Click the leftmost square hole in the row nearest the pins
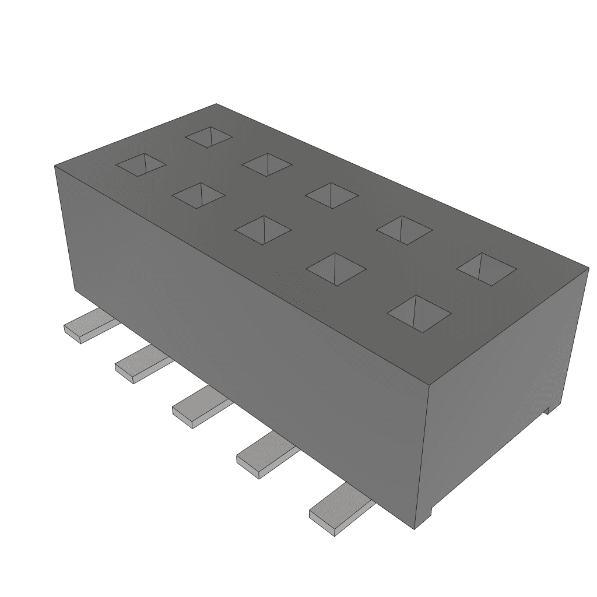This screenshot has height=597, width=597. pos(141,164)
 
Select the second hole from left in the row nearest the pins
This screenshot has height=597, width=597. pos(198,195)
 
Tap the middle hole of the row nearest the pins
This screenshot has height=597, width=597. pos(262,229)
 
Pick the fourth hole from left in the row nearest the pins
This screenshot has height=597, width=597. pos(336,269)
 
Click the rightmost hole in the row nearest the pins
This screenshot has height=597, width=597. pos(419,313)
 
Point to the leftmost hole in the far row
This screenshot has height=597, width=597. pos(209,137)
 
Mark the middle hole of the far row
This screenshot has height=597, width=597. pos(332,195)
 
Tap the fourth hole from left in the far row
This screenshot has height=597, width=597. pos(405,230)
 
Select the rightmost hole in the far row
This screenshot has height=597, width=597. pos(486,269)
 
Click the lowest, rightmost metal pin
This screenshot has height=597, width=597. pos(338,512)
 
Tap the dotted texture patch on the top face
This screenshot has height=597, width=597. pos(297,286)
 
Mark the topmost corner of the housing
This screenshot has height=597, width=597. pos(216,104)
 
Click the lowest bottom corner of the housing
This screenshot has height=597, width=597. pos(414,529)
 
